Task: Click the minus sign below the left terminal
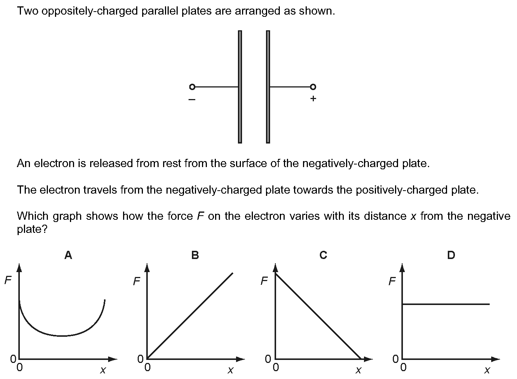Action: coord(192,99)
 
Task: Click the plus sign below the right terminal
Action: coord(313,99)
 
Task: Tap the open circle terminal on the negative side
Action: coord(192,87)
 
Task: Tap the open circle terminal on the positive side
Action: coord(313,87)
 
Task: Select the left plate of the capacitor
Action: coord(240,87)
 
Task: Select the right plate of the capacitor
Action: coord(268,87)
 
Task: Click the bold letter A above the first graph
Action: coord(68,255)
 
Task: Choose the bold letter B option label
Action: coord(195,255)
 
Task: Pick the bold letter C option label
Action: coord(323,255)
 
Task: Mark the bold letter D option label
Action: coord(451,255)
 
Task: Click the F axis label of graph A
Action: coord(8,280)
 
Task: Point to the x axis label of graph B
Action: coord(230,370)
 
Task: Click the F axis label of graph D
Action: coord(392,281)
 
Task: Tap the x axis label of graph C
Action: coord(358,370)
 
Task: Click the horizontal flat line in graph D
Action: coord(446,304)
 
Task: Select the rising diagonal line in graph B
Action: coord(190,316)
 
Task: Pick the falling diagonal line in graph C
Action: coord(318,316)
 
